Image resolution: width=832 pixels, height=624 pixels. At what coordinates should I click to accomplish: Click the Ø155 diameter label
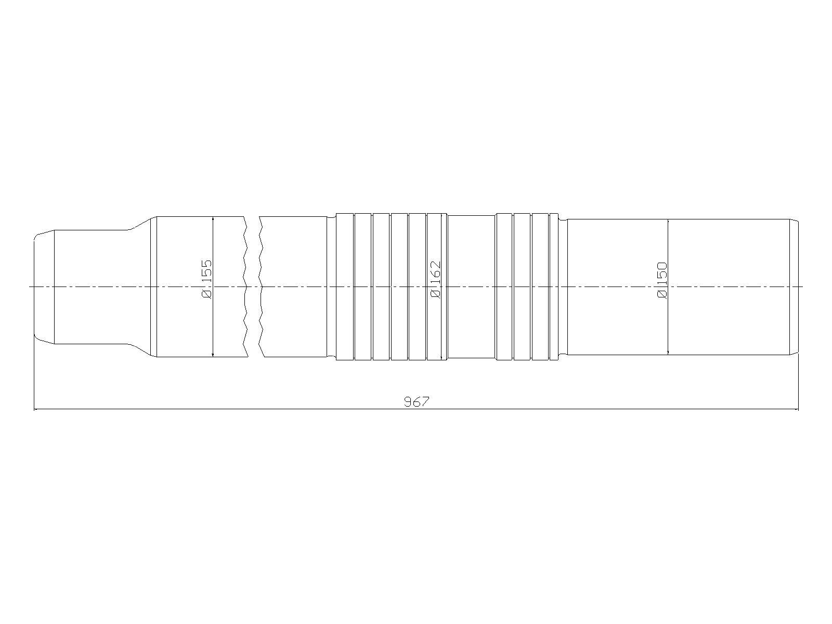coord(206,279)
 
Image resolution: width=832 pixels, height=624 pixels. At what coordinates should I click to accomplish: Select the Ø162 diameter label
coord(436,280)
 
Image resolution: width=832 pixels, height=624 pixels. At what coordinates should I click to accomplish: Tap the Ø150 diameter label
coord(662,280)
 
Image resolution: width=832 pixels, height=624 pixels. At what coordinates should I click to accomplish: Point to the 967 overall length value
coord(416,401)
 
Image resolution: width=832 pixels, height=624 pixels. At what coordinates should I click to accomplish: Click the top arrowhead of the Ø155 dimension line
coord(213,219)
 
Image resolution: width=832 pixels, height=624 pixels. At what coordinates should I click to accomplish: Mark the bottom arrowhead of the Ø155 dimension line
coord(213,354)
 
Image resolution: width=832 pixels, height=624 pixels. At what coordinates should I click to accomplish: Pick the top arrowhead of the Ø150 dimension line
coord(668,222)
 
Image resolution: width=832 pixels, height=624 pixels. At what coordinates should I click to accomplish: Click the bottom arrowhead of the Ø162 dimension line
coord(442,357)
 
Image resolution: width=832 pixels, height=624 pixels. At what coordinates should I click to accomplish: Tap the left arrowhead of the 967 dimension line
coord(37,409)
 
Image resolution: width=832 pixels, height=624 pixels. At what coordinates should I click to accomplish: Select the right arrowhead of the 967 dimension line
coord(796,409)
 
